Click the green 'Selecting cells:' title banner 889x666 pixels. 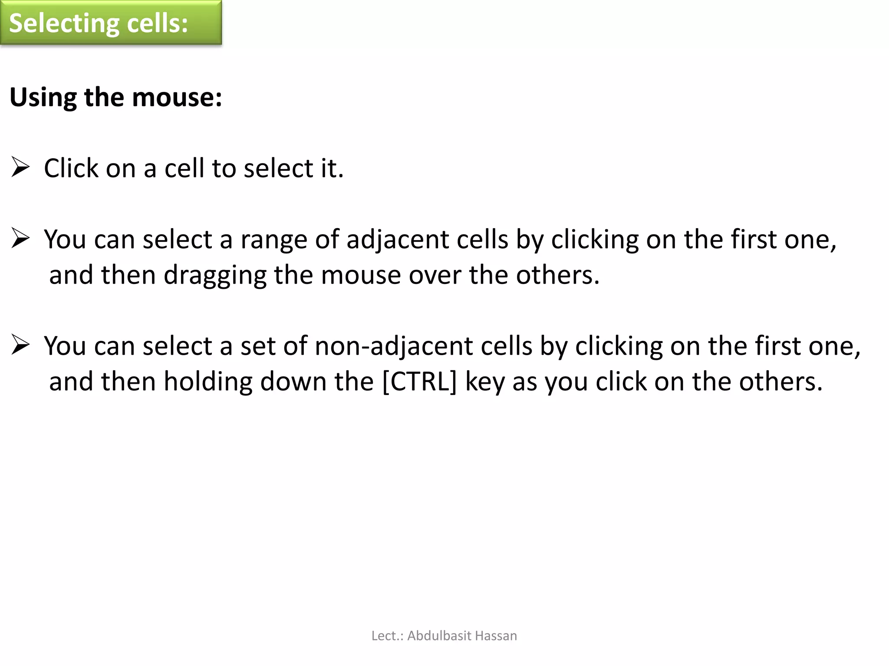coord(111,23)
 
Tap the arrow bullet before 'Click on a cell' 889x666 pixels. coord(20,167)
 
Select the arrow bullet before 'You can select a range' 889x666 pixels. coord(20,238)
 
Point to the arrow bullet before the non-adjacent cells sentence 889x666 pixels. coord(20,345)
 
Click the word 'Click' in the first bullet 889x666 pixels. coord(71,168)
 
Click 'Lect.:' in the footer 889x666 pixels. coord(387,636)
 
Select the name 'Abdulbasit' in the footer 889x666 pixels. coord(439,636)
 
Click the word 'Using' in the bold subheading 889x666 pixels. coord(43,98)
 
